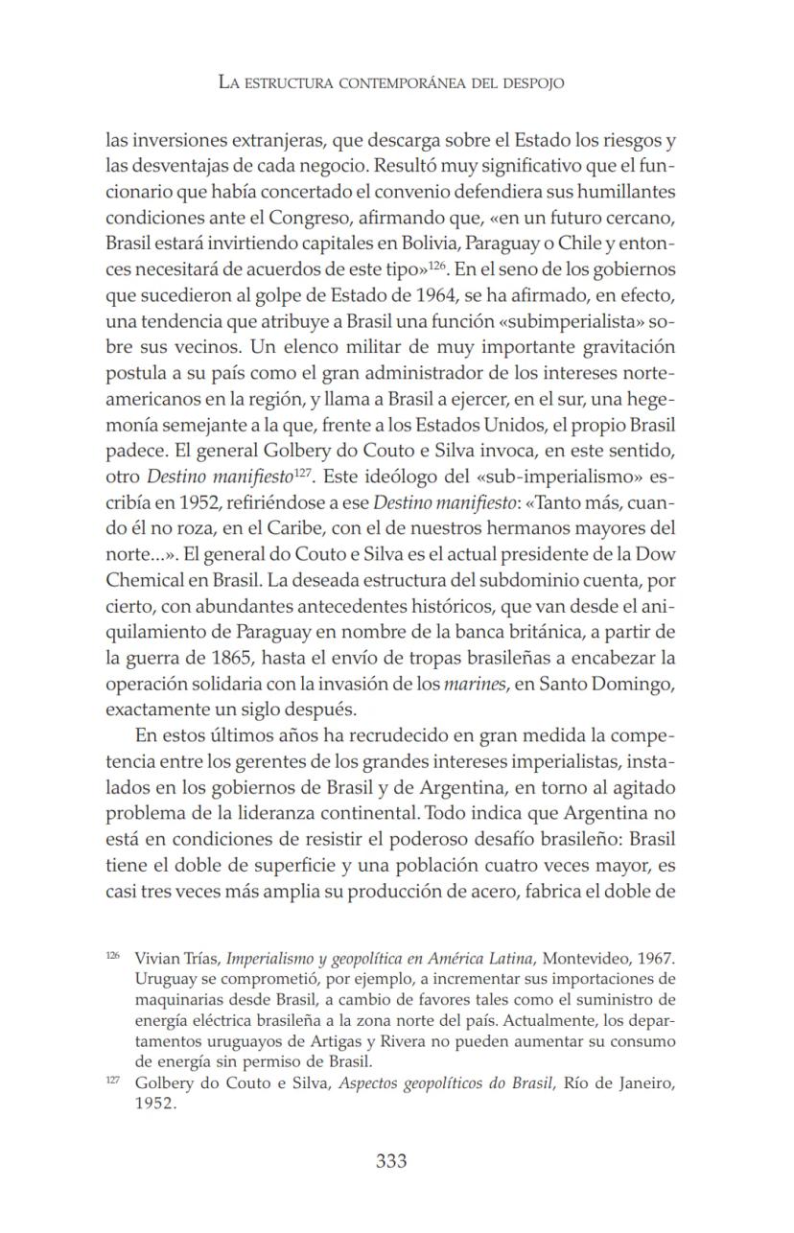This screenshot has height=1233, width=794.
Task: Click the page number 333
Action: (390, 1161)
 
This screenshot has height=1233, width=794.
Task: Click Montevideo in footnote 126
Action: (588, 958)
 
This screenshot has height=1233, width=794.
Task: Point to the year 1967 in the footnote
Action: (656, 958)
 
